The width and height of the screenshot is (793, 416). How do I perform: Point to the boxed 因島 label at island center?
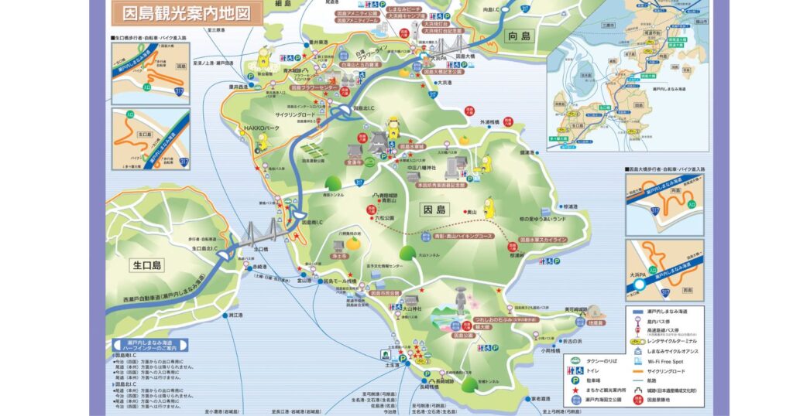click(x=435, y=210)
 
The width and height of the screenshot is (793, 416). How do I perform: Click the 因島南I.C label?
click(x=311, y=222)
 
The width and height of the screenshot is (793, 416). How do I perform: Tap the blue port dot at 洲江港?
click(x=225, y=315)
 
